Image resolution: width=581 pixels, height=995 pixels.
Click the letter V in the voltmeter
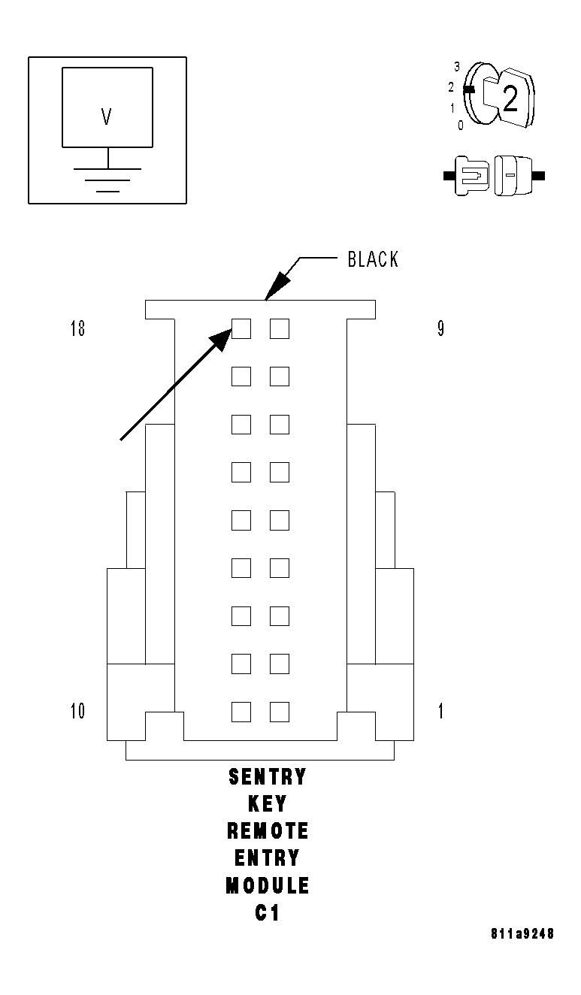pos(106,116)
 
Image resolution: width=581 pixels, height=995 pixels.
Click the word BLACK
pos(373,260)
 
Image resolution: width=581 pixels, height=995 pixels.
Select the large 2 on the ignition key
pos(510,99)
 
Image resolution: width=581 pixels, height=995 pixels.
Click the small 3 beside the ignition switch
pos(457,67)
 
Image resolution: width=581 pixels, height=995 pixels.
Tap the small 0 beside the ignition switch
pos(461,126)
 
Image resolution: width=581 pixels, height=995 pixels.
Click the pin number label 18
pos(77,329)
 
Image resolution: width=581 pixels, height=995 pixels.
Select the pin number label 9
pos(440,329)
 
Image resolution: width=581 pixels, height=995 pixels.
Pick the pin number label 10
pos(77,711)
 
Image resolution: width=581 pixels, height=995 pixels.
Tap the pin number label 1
pos(440,711)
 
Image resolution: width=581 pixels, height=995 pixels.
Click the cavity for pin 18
pos(241,328)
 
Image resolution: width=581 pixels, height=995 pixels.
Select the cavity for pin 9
pos(280,328)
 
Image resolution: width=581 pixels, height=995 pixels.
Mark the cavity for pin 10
pos(241,712)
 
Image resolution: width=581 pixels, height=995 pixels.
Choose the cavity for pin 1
pos(280,712)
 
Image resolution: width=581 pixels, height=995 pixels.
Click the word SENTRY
pos(268,776)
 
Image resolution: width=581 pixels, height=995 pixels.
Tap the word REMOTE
pos(268,831)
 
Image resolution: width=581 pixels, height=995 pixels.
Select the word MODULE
pos(268,886)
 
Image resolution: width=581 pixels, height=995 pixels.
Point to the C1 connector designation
pos(268,913)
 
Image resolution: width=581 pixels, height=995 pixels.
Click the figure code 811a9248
pos(522,934)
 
